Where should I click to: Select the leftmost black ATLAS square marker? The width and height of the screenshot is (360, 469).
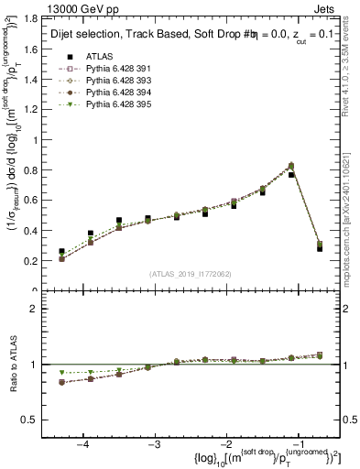coord(61,251)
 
